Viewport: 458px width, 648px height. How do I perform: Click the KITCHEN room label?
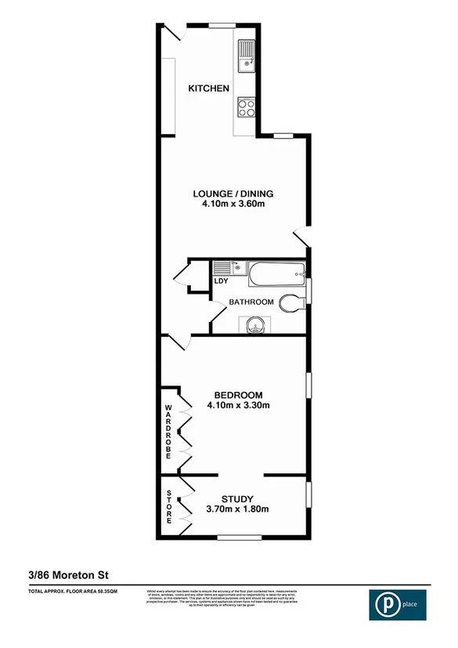click(x=208, y=89)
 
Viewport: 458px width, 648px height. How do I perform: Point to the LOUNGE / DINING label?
click(x=233, y=194)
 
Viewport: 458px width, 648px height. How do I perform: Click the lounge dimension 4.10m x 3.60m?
click(x=233, y=205)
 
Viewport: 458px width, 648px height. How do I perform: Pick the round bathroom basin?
click(x=255, y=324)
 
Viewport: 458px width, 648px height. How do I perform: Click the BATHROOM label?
click(x=251, y=302)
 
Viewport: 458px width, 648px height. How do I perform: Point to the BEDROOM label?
click(x=238, y=394)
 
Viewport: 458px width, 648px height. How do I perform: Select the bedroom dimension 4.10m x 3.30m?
click(x=238, y=406)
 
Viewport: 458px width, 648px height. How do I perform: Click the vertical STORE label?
click(x=168, y=507)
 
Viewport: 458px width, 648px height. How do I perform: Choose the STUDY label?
click(x=236, y=498)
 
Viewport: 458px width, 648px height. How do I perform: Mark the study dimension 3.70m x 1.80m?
click(x=236, y=510)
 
